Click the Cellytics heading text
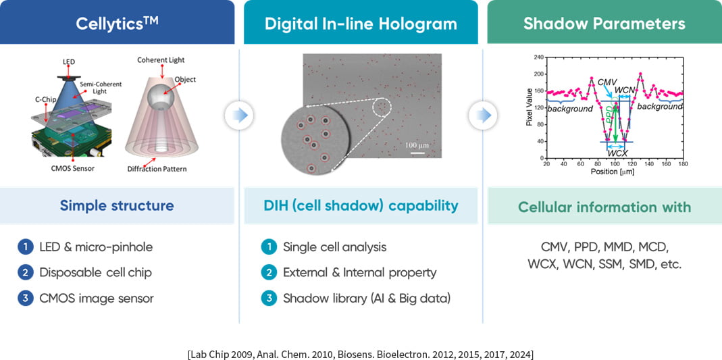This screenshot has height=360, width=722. point(117,22)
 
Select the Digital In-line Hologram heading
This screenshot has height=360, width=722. point(361,24)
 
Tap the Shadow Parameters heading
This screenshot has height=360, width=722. point(604,24)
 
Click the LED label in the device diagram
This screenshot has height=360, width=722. point(69,61)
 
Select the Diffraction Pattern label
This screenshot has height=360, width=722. point(157,169)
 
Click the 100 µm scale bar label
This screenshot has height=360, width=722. point(417,145)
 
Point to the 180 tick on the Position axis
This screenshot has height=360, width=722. point(683,163)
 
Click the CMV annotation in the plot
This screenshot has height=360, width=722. point(607,82)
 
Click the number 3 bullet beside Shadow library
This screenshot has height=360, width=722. point(267,299)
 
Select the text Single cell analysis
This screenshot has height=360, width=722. point(335,247)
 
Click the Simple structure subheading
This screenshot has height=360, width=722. point(116,205)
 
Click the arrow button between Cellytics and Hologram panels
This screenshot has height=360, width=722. point(239,115)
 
